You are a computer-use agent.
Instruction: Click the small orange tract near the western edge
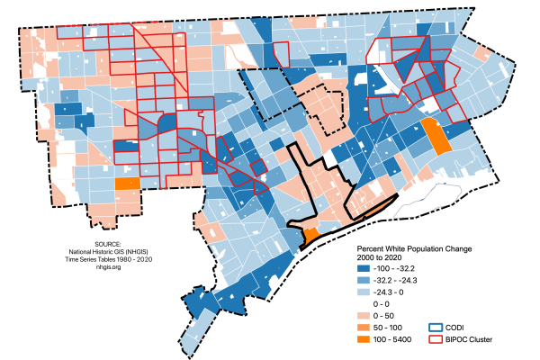click(x=128, y=184)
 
